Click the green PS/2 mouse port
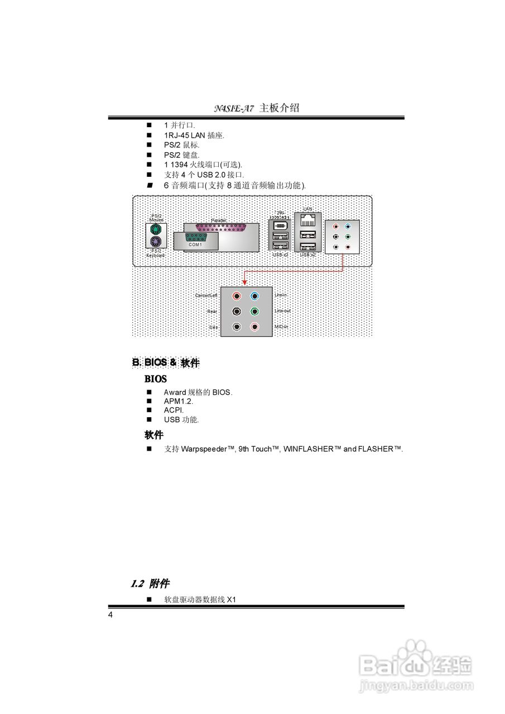pos(155,230)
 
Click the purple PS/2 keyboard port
pos(155,242)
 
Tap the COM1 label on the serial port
pos(195,244)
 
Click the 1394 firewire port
pos(280,226)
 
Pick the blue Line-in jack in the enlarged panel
pos(255,296)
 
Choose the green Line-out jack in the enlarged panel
pos(255,311)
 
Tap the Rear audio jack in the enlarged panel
pos(238,311)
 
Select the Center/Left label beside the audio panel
pos(206,295)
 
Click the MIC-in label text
pos(282,326)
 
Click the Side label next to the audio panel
pos(213,327)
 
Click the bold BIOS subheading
pos(156,379)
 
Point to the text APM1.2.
pos(178,401)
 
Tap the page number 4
pos(110,615)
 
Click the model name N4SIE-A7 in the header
pos(234,108)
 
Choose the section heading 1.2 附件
pos(150,584)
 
